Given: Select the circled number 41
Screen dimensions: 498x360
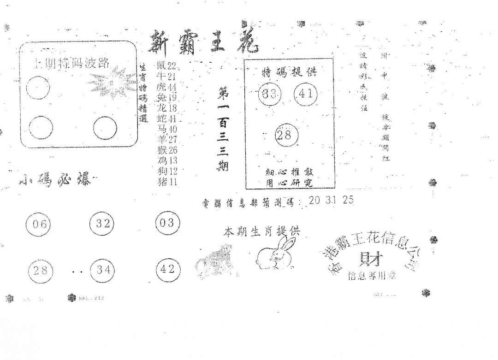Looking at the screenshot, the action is coord(306,94).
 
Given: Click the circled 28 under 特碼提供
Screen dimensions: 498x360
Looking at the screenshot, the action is coord(286,135).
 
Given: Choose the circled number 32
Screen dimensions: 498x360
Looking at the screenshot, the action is coord(101,224).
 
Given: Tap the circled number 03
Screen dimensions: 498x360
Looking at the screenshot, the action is coord(167,223).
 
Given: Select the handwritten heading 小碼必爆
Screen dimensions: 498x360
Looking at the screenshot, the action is coord(55,179).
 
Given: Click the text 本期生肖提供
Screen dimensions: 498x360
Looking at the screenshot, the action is coord(261,231).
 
